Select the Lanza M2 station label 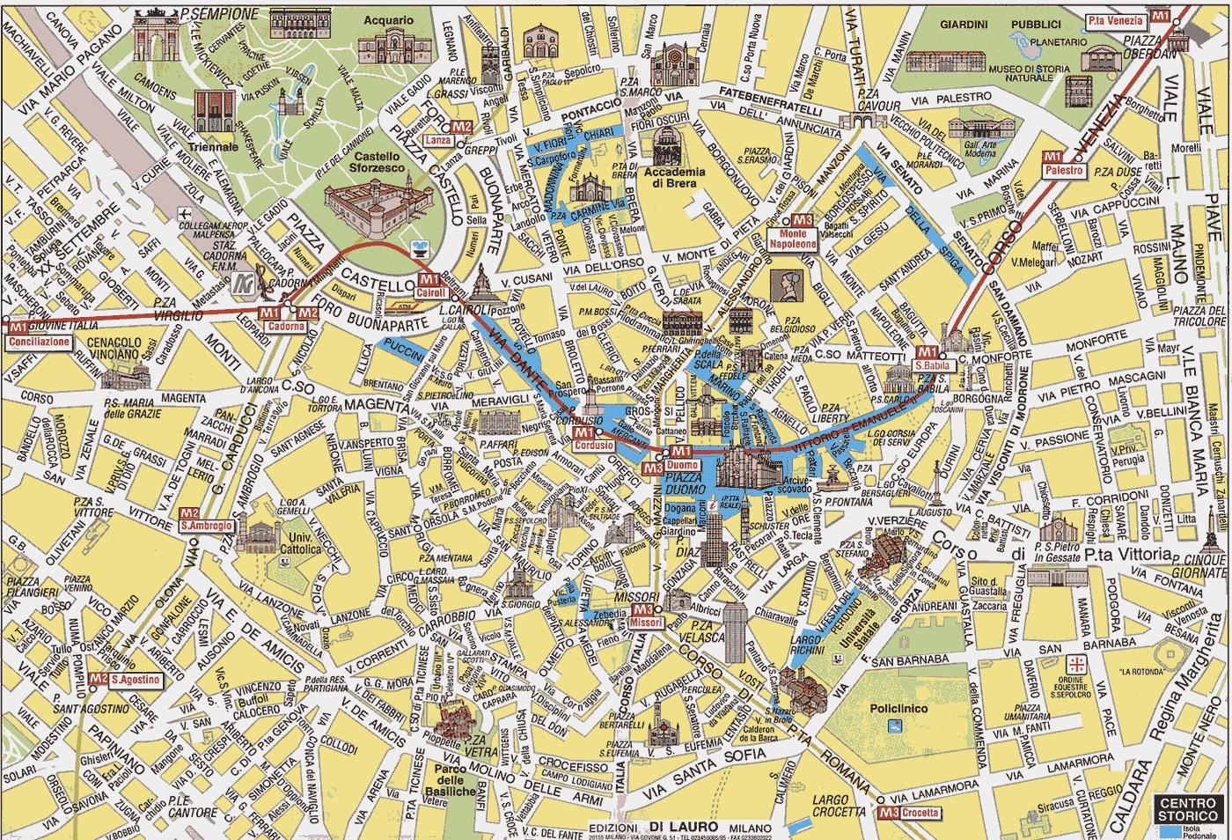(x=438, y=140)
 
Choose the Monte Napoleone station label (x=793, y=239)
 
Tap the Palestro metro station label (x=1065, y=170)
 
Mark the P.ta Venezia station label (x=1115, y=20)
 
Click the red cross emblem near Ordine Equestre (x=1075, y=662)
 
